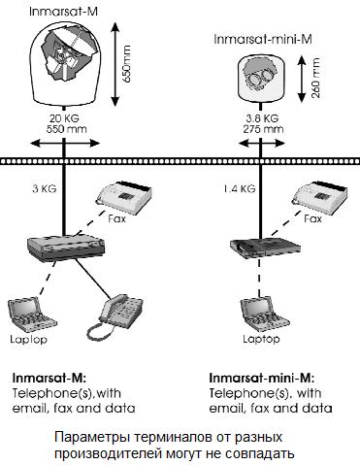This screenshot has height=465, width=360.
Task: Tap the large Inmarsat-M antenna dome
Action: coord(65,60)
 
